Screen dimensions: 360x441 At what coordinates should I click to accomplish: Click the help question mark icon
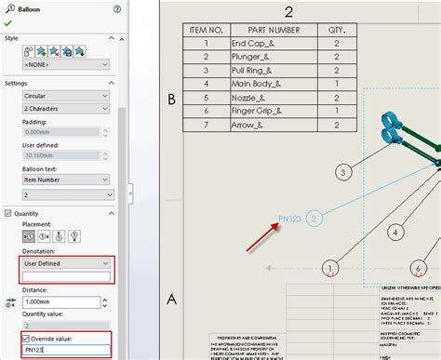116,8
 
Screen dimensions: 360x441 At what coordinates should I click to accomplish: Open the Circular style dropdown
65,96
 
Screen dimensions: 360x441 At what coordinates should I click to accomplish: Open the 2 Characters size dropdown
65,110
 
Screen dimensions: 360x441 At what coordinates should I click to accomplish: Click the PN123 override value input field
65,352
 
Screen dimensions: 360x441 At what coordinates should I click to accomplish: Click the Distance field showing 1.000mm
65,301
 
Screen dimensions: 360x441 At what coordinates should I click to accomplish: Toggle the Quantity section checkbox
8,212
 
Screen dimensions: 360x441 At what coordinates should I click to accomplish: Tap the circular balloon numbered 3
343,172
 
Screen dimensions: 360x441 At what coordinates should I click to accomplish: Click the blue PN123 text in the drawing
290,220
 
